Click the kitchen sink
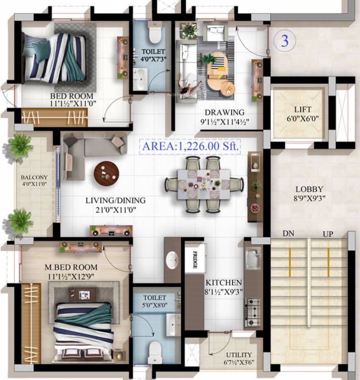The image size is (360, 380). (x=253, y=257)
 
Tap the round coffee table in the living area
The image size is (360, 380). (x=106, y=173)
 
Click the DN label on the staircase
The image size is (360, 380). (x=289, y=234)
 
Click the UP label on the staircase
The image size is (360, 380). (x=328, y=234)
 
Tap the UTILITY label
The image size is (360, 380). (x=238, y=355)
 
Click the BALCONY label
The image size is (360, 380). (x=34, y=178)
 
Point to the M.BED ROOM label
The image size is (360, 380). (x=65, y=268)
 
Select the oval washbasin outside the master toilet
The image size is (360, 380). (x=172, y=260)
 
